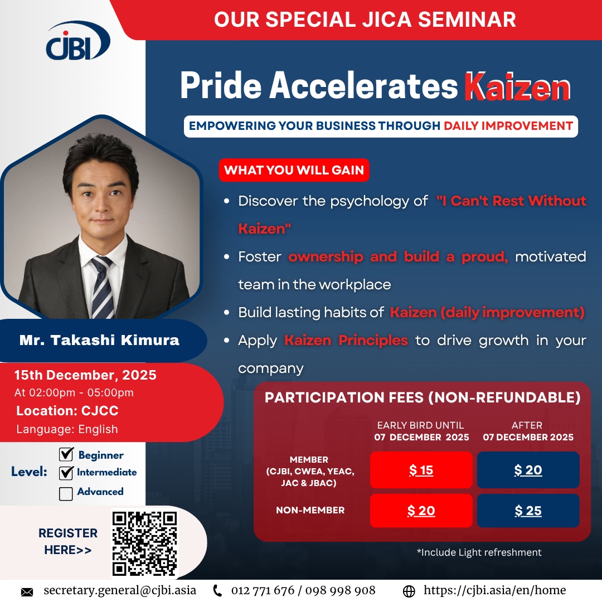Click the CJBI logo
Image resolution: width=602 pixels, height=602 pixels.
[78, 41]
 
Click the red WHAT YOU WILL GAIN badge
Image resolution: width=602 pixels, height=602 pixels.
[294, 170]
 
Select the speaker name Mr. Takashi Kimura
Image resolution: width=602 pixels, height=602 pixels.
[99, 340]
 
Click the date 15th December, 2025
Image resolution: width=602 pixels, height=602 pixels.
[85, 375]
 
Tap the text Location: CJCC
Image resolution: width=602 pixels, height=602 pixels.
[67, 411]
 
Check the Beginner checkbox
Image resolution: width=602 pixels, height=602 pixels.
[66, 454]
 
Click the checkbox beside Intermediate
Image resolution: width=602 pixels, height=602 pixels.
[66, 473]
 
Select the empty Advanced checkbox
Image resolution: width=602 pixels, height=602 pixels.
[66, 494]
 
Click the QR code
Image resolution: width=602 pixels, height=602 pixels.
[145, 543]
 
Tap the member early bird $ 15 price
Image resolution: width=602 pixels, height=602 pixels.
[421, 470]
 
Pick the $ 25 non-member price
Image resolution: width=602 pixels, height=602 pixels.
[528, 511]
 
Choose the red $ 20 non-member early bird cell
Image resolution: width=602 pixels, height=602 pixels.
[421, 511]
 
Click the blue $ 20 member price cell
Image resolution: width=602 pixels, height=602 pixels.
[528, 470]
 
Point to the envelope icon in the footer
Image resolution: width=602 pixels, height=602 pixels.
[27, 591]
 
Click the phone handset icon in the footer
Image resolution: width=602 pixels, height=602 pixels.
[217, 591]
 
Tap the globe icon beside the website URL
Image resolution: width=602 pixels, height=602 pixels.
[409, 591]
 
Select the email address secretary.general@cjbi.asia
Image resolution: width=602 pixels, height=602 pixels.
[120, 590]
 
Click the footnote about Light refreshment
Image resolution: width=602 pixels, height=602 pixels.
[479, 552]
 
